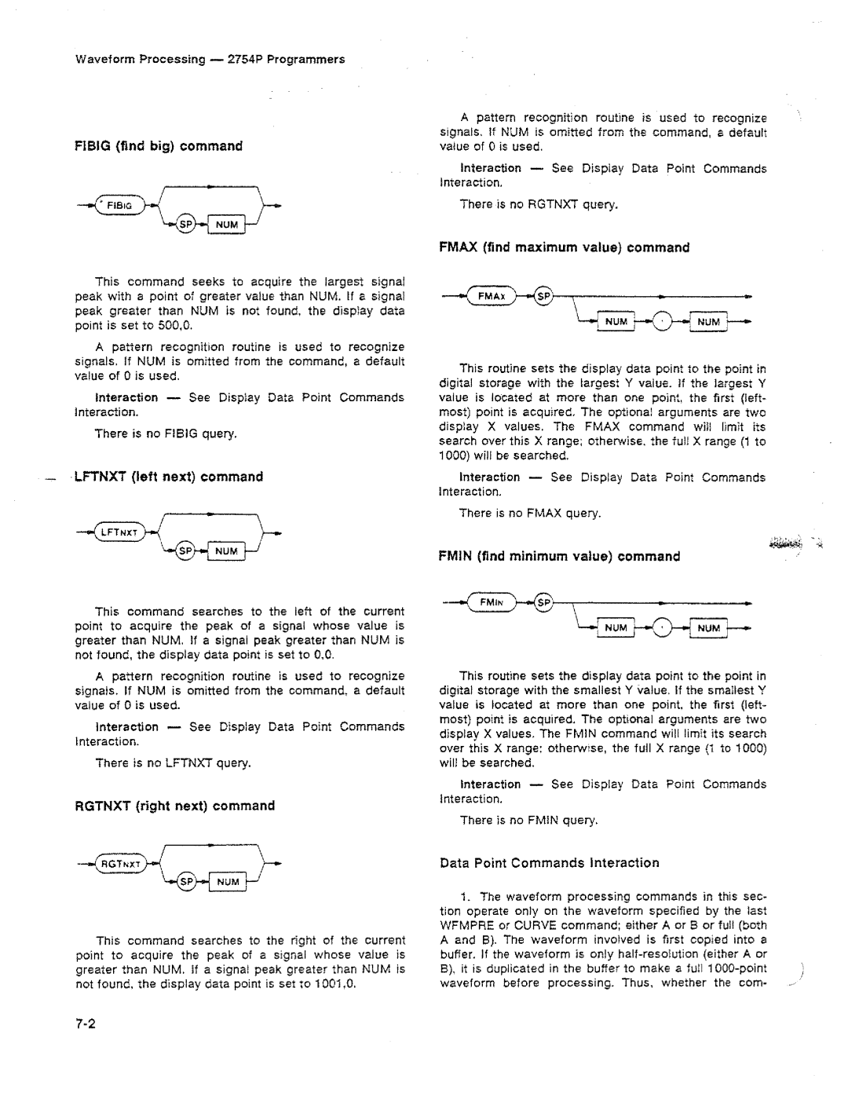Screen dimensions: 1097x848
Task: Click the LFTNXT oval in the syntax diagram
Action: click(x=119, y=533)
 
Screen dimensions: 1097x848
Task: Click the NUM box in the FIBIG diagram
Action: click(x=226, y=225)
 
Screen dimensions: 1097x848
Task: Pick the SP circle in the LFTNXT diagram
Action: click(x=188, y=551)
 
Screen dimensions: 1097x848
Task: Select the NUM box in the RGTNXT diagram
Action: click(x=228, y=882)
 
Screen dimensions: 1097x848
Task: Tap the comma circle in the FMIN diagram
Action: click(x=663, y=628)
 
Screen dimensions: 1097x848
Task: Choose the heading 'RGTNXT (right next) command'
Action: click(x=174, y=806)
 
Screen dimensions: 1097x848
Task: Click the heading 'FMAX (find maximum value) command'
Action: click(x=564, y=247)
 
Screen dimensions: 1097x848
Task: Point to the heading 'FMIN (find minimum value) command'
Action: click(x=558, y=557)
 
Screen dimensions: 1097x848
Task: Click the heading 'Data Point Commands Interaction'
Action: click(x=550, y=863)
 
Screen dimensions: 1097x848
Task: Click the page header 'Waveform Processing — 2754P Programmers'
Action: click(x=210, y=59)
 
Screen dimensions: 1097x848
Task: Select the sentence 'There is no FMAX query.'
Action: click(x=530, y=513)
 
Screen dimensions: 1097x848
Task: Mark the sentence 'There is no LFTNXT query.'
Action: click(x=173, y=762)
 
